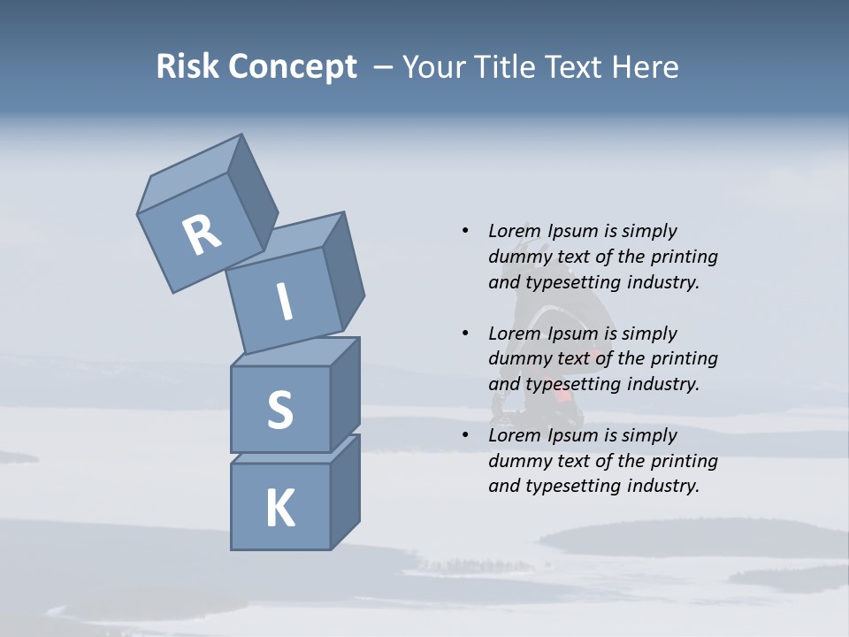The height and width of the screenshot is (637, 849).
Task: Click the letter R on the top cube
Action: [x=202, y=235]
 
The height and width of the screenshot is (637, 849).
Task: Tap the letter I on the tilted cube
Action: [x=285, y=302]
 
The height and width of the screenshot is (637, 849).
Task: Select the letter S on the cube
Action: [x=279, y=410]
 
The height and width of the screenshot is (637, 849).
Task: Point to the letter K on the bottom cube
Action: [x=279, y=509]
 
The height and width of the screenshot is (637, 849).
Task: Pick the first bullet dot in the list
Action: [x=465, y=231]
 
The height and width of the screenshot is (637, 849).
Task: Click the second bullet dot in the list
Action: [x=465, y=334]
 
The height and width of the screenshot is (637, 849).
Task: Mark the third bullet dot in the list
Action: [x=465, y=435]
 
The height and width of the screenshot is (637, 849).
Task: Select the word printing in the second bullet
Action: [x=684, y=359]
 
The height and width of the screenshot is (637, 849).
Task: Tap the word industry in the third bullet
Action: [x=662, y=486]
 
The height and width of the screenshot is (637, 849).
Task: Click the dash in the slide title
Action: [x=384, y=67]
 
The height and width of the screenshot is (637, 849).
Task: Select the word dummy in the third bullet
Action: [x=518, y=461]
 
